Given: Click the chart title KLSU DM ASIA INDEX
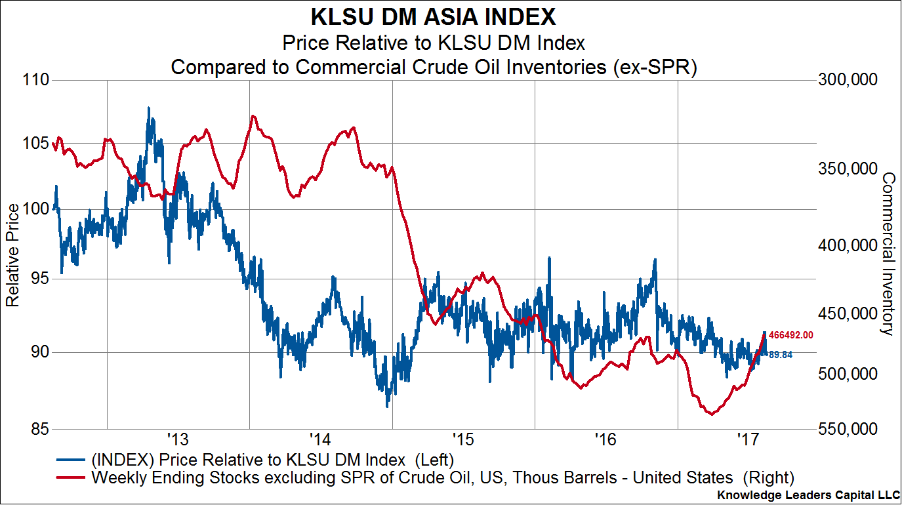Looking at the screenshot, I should coord(433,16).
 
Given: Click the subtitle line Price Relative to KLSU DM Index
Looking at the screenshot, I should coord(433,44).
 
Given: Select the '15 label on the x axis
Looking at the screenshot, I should coord(462,437).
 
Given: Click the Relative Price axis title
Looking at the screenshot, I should coord(12,255).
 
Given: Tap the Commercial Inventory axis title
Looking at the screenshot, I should coord(888,254).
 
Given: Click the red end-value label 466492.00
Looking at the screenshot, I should coord(791,335).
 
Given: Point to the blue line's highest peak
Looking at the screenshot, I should coord(148,107).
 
